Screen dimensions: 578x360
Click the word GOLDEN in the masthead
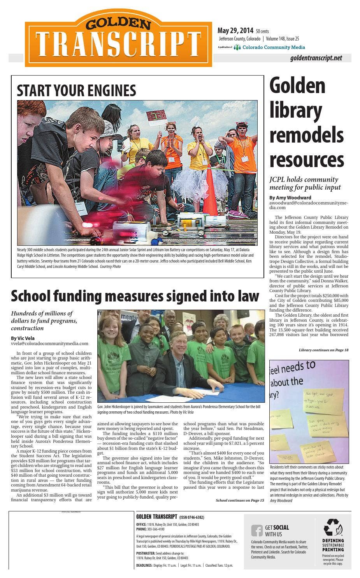(x=118, y=25)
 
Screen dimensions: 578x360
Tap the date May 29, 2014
(x=235, y=31)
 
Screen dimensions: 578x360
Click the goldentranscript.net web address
(x=316, y=58)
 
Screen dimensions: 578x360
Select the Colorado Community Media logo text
(x=273, y=47)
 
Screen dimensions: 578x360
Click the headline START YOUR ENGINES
(x=76, y=91)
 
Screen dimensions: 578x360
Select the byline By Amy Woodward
(x=290, y=197)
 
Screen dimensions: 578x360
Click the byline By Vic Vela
(x=23, y=338)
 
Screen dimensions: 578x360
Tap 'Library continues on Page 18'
(x=323, y=350)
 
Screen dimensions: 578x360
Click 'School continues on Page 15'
(x=240, y=500)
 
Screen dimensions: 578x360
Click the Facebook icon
(x=256, y=530)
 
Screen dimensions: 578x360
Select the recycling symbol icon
(x=333, y=527)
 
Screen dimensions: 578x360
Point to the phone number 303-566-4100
(x=156, y=529)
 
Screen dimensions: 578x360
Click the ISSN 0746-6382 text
(x=191, y=517)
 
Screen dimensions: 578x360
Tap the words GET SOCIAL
(x=277, y=527)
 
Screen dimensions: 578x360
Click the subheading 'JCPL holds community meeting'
(x=305, y=183)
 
